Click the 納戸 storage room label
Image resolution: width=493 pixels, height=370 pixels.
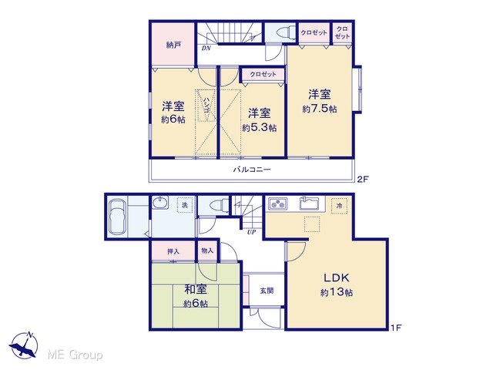[173, 45]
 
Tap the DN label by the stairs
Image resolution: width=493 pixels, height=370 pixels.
[206, 48]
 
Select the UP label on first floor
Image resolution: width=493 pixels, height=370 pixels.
[251, 232]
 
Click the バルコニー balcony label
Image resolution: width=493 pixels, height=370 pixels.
[252, 170]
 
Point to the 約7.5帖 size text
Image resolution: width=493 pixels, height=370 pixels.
[320, 109]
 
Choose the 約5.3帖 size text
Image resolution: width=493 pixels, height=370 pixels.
[260, 128]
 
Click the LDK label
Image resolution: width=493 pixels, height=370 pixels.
[337, 277]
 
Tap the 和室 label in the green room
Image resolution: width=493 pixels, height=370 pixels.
[196, 290]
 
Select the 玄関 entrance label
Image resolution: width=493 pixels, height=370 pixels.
[267, 291]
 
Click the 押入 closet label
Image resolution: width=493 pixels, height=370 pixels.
[173, 251]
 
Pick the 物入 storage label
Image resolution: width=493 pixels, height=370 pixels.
[207, 251]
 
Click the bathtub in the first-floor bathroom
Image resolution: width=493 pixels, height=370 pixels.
[118, 217]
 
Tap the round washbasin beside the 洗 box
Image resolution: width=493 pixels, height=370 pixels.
[161, 202]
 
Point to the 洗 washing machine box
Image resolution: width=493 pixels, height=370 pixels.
[185, 205]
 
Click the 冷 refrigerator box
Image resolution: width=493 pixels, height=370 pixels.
[339, 206]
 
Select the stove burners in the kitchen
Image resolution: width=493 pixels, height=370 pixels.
[277, 203]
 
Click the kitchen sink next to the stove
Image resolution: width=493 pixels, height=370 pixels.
[309, 203]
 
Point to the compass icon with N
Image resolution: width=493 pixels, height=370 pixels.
[24, 345]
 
